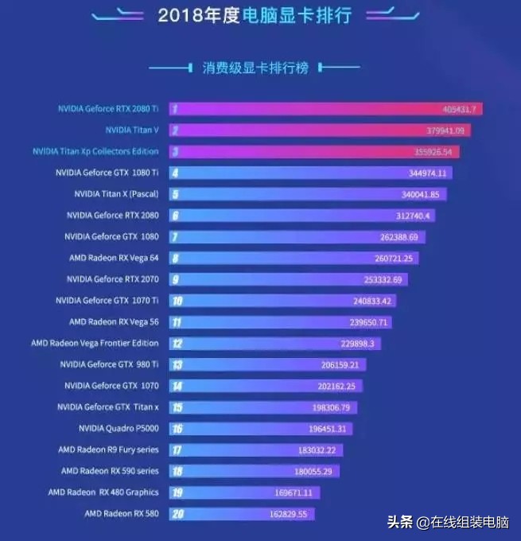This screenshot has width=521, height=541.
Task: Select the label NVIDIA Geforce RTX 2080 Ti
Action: [108, 108]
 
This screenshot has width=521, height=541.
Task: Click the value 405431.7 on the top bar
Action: [461, 109]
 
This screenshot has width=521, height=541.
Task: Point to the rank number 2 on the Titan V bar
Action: [174, 130]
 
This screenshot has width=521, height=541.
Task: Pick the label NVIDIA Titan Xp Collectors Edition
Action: [95, 151]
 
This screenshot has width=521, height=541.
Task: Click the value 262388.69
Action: [402, 236]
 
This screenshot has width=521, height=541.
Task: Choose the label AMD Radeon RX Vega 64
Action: [114, 258]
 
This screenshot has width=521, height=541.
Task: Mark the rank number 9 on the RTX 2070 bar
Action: [174, 279]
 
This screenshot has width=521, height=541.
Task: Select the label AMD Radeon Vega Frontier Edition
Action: [95, 343]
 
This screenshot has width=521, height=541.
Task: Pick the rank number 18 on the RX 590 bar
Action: [176, 471]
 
